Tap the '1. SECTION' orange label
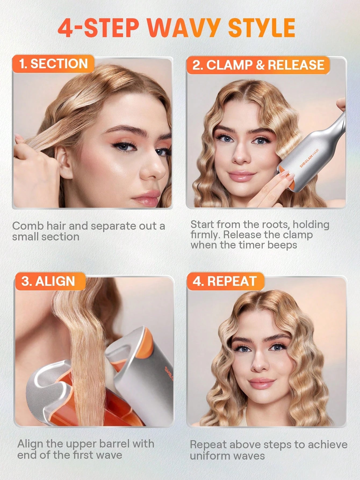point(53,64)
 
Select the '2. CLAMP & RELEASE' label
point(258,65)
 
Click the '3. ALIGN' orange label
point(48,281)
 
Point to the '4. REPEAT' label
point(224,281)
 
